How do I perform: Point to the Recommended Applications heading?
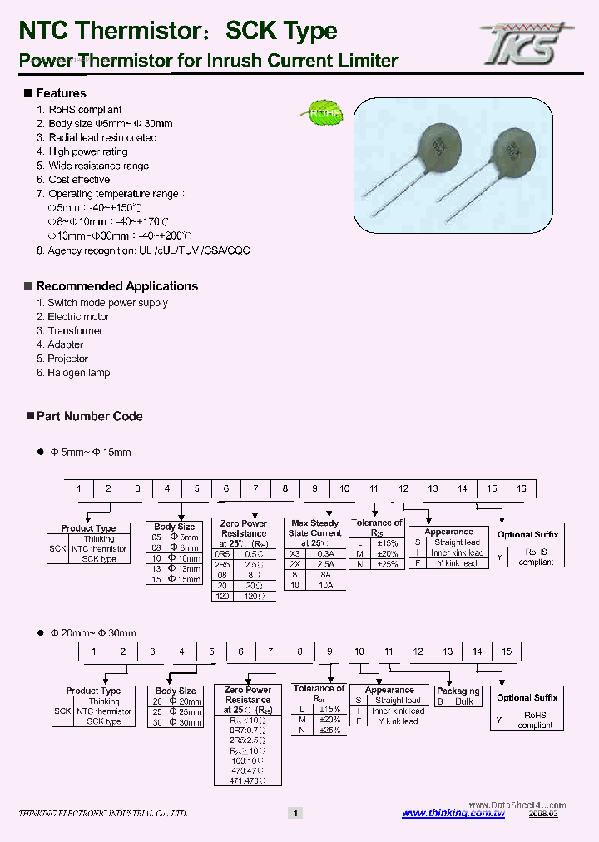pyautogui.click(x=116, y=286)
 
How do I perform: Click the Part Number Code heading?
pyautogui.click(x=89, y=416)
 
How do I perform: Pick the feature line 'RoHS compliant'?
pyautogui.click(x=85, y=110)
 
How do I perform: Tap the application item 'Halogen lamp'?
pyautogui.click(x=78, y=373)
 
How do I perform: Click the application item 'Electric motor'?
pyautogui.click(x=78, y=317)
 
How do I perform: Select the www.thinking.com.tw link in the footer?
pyautogui.click(x=453, y=813)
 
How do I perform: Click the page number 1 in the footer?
pyautogui.click(x=295, y=813)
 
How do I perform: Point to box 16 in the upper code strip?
pyautogui.click(x=521, y=488)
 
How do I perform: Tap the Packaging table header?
pyautogui.click(x=458, y=691)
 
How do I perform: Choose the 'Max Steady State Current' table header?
pyautogui.click(x=315, y=528)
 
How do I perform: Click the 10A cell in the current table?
pyautogui.click(x=325, y=586)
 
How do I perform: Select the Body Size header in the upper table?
pyautogui.click(x=175, y=527)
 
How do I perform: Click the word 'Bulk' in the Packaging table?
pyautogui.click(x=464, y=701)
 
